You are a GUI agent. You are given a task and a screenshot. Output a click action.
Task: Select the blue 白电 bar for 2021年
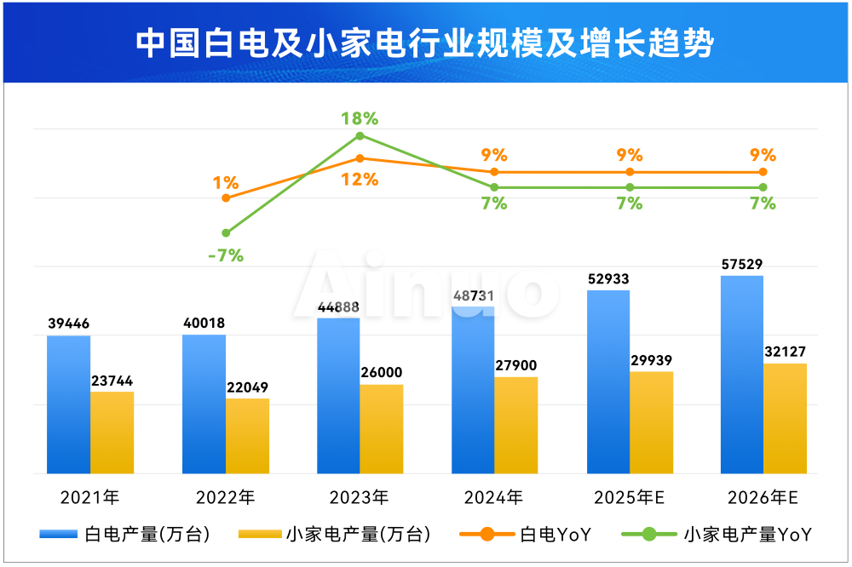(x=68, y=404)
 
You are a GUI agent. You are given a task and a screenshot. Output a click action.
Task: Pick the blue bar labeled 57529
(x=741, y=375)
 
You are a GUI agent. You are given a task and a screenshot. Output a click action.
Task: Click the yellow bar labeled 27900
(x=516, y=425)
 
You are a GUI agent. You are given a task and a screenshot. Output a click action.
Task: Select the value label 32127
(x=785, y=352)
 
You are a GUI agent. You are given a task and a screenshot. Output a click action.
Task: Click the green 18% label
(x=360, y=118)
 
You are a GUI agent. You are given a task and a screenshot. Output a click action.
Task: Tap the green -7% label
(x=226, y=255)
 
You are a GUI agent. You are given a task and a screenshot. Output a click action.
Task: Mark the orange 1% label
(x=226, y=181)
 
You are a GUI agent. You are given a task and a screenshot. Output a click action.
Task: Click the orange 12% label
(x=360, y=180)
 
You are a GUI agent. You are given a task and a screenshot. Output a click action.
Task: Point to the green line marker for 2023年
(x=360, y=135)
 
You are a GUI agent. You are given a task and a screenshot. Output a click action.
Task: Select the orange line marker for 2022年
(x=226, y=198)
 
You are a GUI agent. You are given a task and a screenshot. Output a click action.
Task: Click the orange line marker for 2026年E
(x=763, y=172)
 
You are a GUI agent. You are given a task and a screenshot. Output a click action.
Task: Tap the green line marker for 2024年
(x=494, y=186)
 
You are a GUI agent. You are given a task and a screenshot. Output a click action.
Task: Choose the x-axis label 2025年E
(x=629, y=497)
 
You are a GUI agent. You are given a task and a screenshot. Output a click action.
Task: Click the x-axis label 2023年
(x=359, y=497)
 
